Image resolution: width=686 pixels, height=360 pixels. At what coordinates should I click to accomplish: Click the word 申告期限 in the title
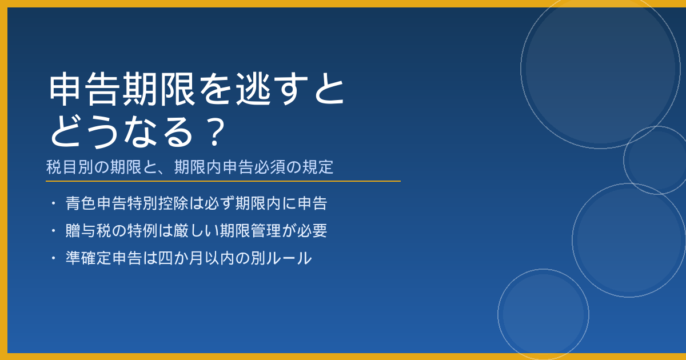click(x=122, y=89)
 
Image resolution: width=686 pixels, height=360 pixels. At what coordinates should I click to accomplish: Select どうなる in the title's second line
click(x=122, y=132)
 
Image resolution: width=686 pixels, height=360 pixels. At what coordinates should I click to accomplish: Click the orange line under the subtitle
click(x=223, y=181)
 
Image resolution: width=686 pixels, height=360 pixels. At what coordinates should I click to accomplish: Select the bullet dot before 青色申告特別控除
click(x=53, y=203)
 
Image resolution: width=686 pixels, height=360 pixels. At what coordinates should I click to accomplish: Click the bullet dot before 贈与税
click(x=53, y=230)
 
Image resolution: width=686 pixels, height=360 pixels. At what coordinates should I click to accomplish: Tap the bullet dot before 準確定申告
click(x=53, y=258)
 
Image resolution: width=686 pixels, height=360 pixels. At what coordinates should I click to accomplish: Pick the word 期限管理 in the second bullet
click(x=250, y=230)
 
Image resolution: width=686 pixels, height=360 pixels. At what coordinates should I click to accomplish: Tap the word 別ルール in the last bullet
click(x=281, y=258)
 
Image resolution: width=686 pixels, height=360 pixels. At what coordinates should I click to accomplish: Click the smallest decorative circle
click(x=624, y=160)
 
